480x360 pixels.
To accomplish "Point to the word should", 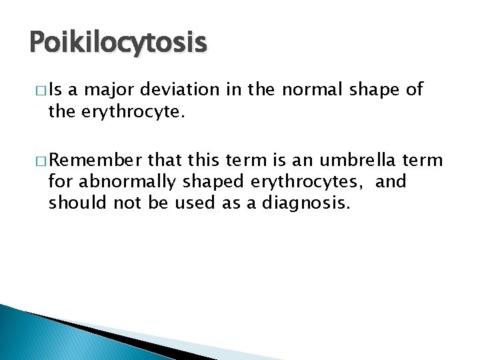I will click(71, 202).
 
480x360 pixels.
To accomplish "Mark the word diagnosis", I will click(295, 203).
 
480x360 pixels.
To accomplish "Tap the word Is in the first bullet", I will click(55, 90).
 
